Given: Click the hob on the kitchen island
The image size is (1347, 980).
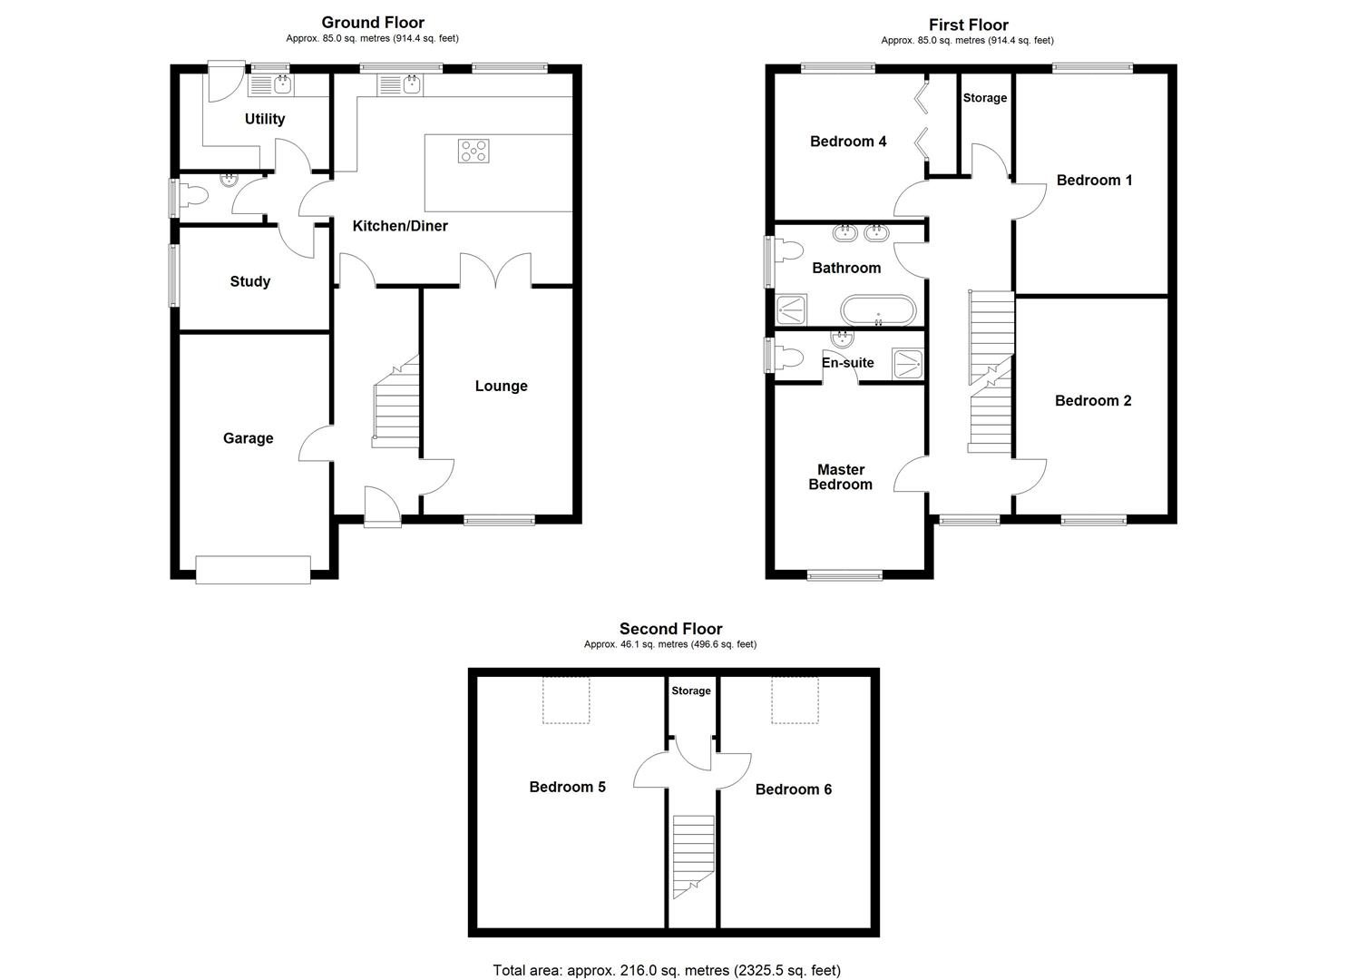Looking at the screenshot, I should [474, 151].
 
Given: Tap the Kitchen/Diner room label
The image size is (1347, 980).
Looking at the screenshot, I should [400, 226].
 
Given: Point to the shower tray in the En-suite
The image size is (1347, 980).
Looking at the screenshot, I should [907, 363].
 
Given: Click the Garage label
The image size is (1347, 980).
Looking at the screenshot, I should [248, 438].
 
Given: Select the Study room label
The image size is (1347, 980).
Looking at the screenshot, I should [249, 281].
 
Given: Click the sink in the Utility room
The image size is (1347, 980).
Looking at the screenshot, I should [271, 85].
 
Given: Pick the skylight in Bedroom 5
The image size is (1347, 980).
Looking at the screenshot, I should [566, 701].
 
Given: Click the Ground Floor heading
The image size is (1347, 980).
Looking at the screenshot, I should [372, 23].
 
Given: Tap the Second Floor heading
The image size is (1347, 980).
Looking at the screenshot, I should [670, 629].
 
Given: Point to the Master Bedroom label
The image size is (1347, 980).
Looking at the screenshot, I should [840, 477].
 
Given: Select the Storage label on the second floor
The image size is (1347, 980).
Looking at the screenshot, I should [690, 691].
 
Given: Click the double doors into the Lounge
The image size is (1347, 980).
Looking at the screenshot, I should [495, 270].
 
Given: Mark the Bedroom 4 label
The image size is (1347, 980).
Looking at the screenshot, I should [847, 142].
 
